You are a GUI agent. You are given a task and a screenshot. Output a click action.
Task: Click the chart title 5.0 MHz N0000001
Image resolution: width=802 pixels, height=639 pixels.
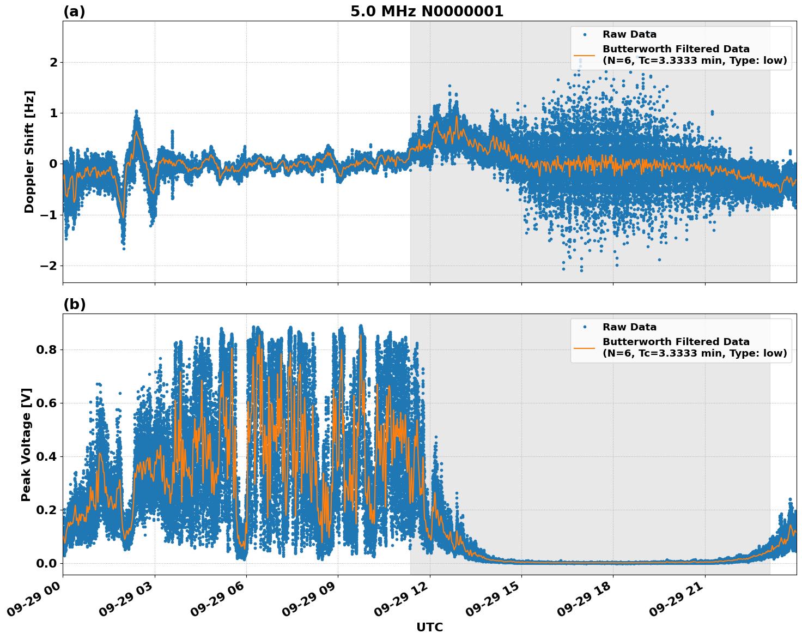click(x=427, y=11)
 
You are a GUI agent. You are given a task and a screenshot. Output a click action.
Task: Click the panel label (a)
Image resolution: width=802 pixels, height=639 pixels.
click(x=74, y=11)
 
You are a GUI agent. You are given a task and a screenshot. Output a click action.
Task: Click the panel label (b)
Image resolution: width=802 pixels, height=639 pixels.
click(x=74, y=304)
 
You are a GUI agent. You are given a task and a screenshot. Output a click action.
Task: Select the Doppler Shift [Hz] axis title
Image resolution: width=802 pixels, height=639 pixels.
click(x=29, y=152)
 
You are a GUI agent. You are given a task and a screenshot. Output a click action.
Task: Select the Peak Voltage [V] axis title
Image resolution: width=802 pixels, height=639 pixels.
click(x=26, y=444)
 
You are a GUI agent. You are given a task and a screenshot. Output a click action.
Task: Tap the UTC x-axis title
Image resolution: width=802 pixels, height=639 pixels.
click(x=429, y=627)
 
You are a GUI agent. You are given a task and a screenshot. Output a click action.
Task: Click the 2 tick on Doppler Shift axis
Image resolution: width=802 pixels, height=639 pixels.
click(x=53, y=62)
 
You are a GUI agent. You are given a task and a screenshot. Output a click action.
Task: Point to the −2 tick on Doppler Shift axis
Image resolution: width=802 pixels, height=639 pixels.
click(x=49, y=266)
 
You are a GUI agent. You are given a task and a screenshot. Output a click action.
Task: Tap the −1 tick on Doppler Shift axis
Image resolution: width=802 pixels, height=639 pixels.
click(x=49, y=215)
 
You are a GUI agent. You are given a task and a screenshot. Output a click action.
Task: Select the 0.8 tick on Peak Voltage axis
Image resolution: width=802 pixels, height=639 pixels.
click(x=47, y=349)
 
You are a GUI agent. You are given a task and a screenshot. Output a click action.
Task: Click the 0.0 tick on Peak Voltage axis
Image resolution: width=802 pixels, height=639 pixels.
click(x=47, y=563)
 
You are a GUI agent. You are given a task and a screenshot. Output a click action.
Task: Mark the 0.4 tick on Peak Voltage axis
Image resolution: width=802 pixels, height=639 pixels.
click(x=47, y=456)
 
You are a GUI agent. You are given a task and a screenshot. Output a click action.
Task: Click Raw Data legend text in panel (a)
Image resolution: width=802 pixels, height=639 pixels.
click(x=629, y=34)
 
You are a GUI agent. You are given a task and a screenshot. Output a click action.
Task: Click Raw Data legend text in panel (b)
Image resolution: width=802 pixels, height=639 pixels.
click(x=629, y=327)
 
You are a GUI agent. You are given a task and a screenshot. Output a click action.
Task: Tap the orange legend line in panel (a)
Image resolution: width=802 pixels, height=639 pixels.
click(x=585, y=55)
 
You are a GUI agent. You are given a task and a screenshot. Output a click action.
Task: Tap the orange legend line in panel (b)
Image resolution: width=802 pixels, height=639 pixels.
click(x=585, y=348)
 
